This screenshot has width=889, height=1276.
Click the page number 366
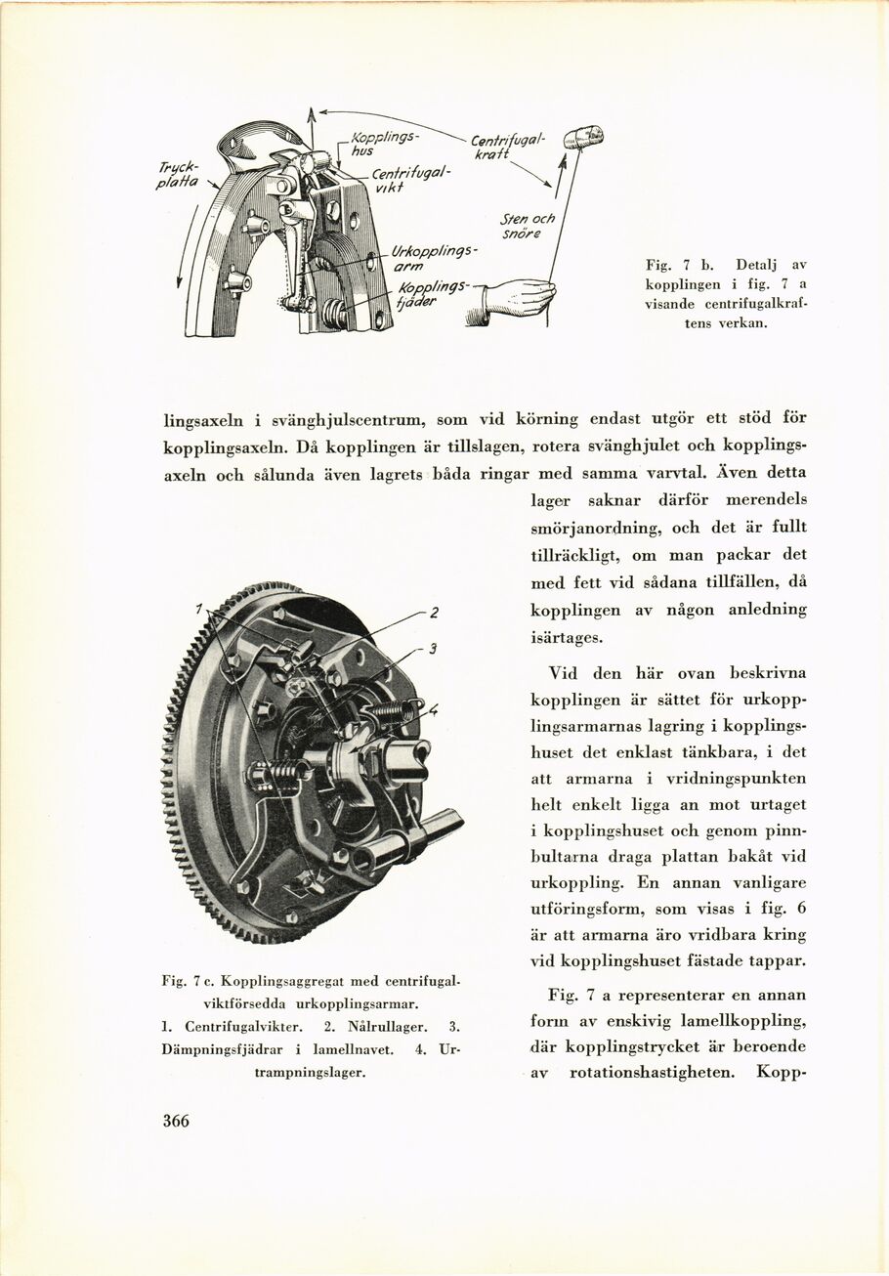point(176,1121)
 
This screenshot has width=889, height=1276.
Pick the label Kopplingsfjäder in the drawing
point(434,294)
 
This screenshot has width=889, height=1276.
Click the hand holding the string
point(518,296)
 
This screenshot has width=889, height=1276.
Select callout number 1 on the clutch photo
point(198,609)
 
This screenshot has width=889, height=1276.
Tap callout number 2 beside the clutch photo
point(434,613)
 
